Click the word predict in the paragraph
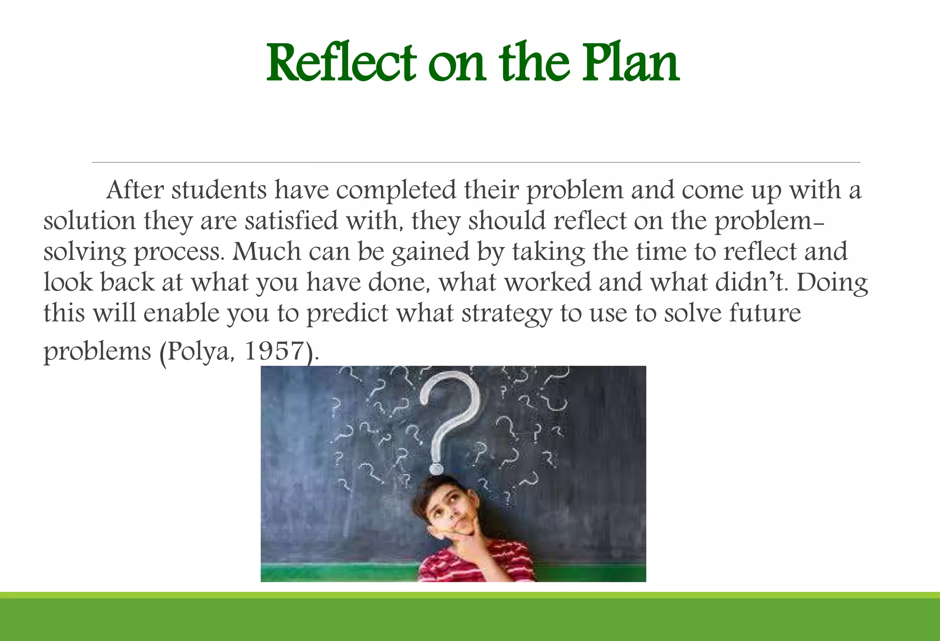(347, 314)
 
